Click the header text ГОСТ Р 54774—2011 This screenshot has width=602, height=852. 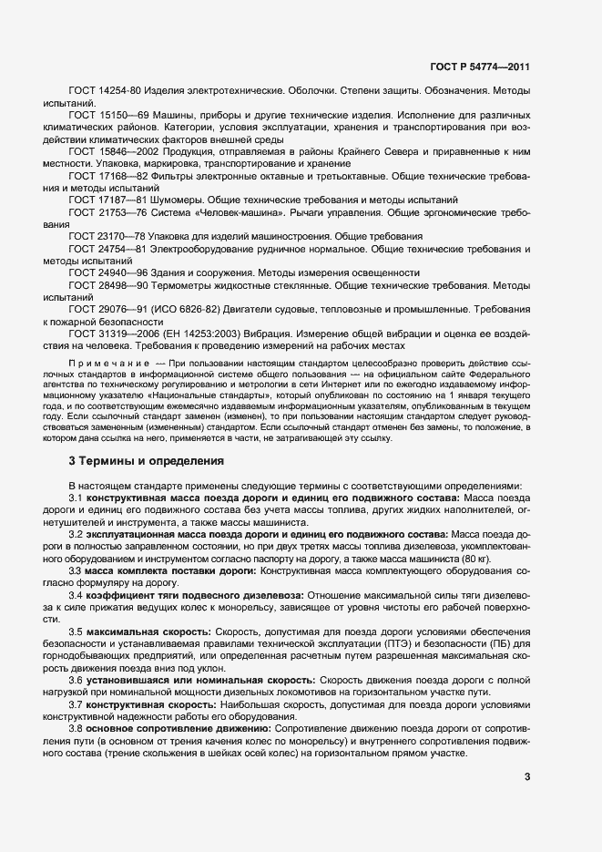click(481, 67)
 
